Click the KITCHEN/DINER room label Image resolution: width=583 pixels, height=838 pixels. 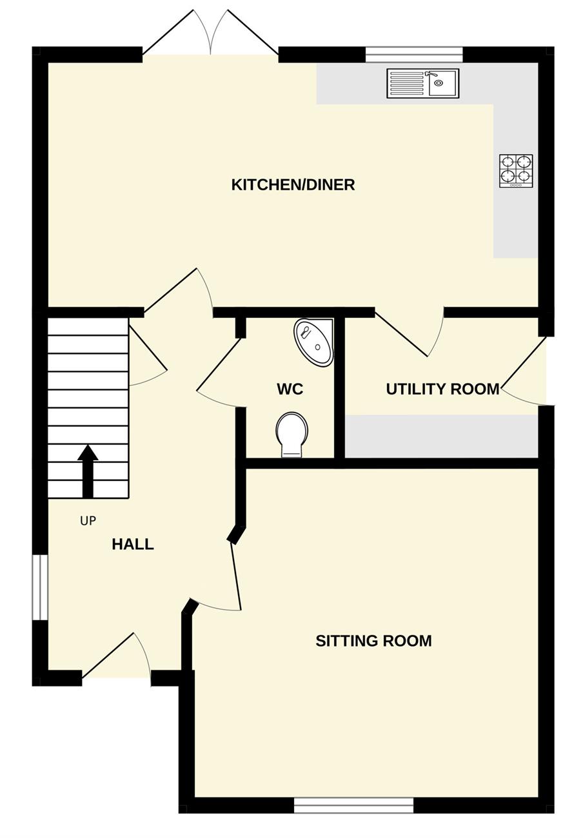[x=293, y=185]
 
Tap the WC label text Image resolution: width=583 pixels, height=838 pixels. [x=290, y=389]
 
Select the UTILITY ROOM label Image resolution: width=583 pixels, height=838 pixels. [x=442, y=389]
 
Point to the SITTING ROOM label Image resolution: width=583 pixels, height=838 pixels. [x=373, y=641]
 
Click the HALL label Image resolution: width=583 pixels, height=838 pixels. [x=133, y=544]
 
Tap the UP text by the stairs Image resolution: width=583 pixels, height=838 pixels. [x=88, y=520]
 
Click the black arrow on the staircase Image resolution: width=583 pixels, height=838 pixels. [x=88, y=471]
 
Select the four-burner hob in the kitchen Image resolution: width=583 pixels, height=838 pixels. [x=516, y=171]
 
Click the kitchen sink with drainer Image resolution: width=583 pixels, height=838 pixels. [x=423, y=83]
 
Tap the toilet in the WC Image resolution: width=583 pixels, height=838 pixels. [x=292, y=434]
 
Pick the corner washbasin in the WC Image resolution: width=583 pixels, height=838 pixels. [x=314, y=342]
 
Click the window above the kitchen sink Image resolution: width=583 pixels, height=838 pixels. [x=414, y=55]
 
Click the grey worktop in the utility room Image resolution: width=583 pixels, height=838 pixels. [x=441, y=436]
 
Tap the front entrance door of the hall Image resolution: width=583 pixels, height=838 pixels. [x=116, y=656]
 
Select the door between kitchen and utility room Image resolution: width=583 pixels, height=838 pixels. [x=409, y=332]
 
